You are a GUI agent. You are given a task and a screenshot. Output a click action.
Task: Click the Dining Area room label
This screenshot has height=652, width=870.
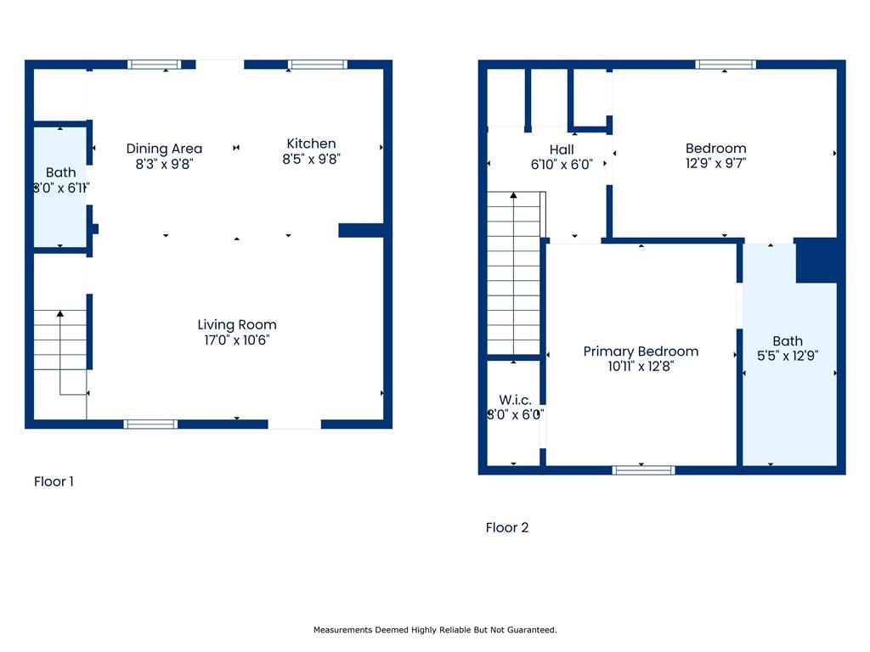pyautogui.click(x=164, y=149)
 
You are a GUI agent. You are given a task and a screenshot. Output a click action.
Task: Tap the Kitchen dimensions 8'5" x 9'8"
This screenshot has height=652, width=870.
pyautogui.click(x=311, y=159)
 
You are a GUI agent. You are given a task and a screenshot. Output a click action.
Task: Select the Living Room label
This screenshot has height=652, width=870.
pyautogui.click(x=237, y=324)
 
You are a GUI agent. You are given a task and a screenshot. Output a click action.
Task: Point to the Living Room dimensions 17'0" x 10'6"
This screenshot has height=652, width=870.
pyautogui.click(x=237, y=340)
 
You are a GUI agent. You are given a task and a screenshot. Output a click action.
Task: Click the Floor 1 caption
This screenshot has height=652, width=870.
pyautogui.click(x=54, y=481)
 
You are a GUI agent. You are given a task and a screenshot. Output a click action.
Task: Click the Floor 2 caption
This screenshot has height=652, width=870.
pyautogui.click(x=507, y=527)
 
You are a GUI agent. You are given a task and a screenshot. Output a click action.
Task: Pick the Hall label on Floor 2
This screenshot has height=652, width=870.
pyautogui.click(x=562, y=149)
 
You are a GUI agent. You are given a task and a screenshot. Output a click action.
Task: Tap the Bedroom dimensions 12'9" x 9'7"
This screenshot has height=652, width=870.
pyautogui.click(x=715, y=164)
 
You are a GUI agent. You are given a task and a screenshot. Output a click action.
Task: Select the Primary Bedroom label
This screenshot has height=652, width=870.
pyautogui.click(x=641, y=351)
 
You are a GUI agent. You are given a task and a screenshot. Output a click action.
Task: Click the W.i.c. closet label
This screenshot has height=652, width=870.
pyautogui.click(x=515, y=400)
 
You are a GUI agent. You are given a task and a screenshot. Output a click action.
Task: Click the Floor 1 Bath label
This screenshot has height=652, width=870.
pyautogui.click(x=60, y=172)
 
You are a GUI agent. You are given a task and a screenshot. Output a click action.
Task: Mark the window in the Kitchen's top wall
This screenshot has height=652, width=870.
pyautogui.click(x=318, y=65)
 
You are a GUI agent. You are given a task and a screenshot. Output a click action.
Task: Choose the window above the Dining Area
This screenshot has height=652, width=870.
pyautogui.click(x=155, y=65)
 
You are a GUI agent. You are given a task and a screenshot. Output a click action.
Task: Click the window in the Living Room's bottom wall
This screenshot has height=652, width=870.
pyautogui.click(x=150, y=424)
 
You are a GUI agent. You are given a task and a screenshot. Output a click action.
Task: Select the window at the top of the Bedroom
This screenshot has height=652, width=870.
pyautogui.click(x=726, y=65)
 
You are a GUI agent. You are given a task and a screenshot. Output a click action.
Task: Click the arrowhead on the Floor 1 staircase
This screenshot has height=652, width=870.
pyautogui.click(x=60, y=315)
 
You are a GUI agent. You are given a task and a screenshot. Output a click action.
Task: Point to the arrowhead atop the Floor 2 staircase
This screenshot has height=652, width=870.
pyautogui.click(x=514, y=197)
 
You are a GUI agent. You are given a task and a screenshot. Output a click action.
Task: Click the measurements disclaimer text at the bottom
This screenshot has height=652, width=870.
pyautogui.click(x=435, y=630)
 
